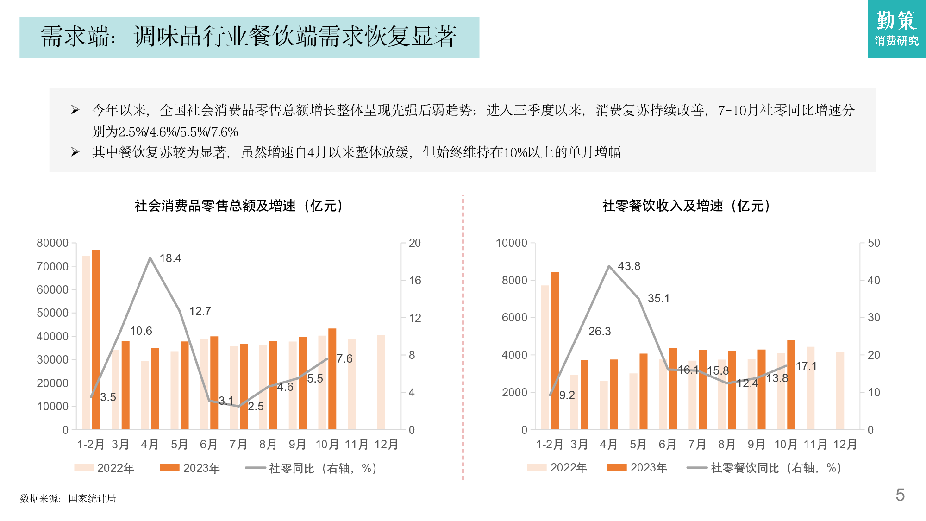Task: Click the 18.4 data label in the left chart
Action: coord(170,258)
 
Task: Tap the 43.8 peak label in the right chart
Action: coord(629,266)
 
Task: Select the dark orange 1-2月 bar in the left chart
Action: coord(96,339)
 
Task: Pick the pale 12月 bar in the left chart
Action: coord(381,382)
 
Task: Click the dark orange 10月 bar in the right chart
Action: coord(791,384)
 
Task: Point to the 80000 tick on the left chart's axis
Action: coord(52,243)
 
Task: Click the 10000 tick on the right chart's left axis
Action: coord(511,243)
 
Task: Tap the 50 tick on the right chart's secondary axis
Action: coord(874,243)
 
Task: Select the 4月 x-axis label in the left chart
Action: coord(150,445)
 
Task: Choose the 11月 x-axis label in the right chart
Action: coord(815,445)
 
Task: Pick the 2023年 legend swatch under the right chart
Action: coord(617,468)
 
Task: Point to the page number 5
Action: coord(900,495)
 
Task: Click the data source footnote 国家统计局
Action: coord(92,499)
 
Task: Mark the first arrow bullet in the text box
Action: coord(75,110)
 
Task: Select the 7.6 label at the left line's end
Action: coord(344,359)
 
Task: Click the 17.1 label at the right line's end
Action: coord(806,366)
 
